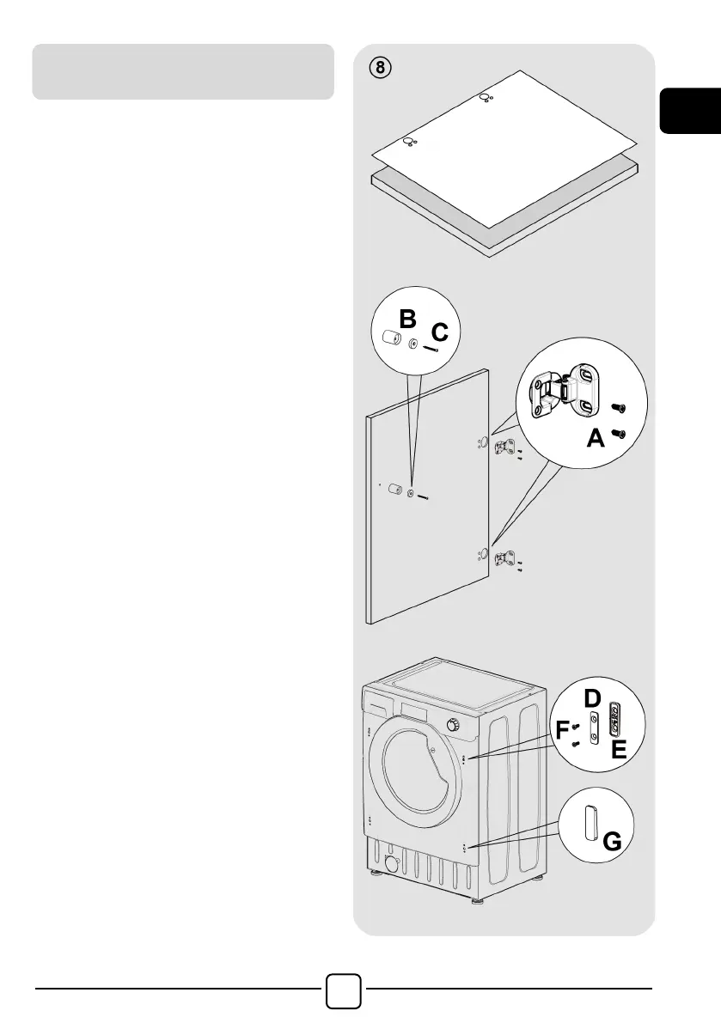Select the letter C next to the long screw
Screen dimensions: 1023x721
pos(439,331)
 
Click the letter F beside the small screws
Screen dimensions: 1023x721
pos(563,731)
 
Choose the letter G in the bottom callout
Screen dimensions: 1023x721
pos(613,843)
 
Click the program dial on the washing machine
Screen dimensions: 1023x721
pos(453,726)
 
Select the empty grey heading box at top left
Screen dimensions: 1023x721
pos(183,71)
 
